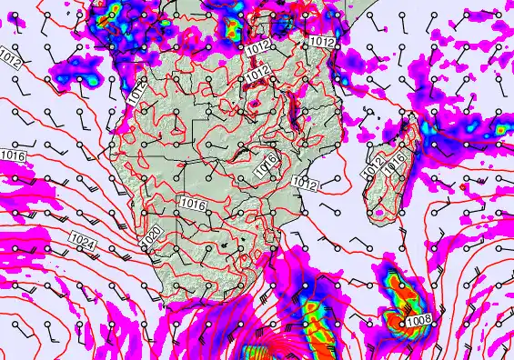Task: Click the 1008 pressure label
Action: point(418,320)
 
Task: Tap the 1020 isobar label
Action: point(153,235)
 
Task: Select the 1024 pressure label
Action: point(82,239)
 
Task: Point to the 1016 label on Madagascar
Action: point(396,165)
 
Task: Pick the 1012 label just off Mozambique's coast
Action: point(304,183)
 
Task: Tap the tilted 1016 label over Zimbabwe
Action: point(266,165)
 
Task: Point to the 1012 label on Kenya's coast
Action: point(322,42)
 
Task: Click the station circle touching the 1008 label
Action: point(400,321)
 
